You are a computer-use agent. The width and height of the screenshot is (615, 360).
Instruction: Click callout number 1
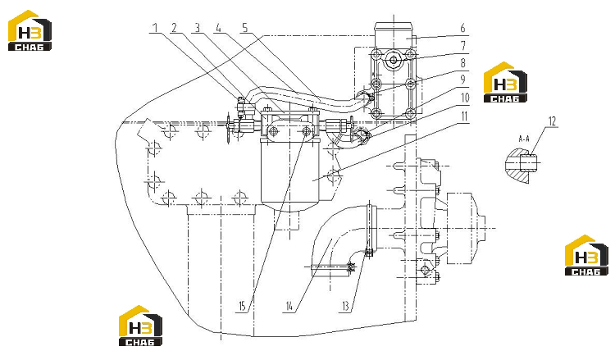[155, 28]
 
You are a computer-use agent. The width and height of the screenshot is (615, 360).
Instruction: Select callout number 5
[245, 28]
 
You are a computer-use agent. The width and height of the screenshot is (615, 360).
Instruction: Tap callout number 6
[462, 28]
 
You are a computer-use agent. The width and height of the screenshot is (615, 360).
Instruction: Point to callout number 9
[462, 80]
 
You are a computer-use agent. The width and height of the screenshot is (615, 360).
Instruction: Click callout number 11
[464, 116]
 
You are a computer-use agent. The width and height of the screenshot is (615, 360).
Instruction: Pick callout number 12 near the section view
[552, 121]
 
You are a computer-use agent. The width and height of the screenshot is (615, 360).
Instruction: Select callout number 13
[345, 306]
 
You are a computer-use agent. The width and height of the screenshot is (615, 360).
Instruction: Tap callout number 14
[289, 306]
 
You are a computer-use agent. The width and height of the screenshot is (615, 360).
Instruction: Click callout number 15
[242, 306]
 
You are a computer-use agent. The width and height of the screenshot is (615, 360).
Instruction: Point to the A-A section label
[524, 139]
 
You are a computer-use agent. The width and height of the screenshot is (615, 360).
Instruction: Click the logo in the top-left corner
[30, 30]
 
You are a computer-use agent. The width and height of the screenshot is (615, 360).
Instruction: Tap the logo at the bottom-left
[140, 326]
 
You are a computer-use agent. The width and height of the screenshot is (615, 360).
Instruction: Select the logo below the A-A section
[586, 255]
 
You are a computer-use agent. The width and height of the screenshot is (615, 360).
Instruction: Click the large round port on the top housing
[393, 61]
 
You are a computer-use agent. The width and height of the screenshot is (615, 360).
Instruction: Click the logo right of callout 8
[505, 82]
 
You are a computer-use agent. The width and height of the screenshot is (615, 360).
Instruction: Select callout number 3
[198, 28]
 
